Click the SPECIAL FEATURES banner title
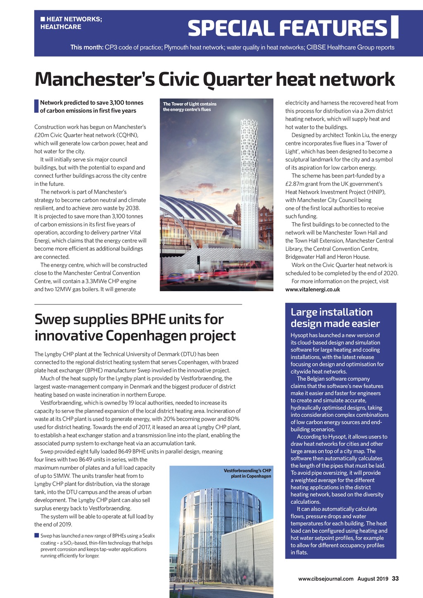click(x=287, y=28)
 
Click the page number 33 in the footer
click(x=395, y=579)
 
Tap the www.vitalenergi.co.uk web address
click(x=313, y=290)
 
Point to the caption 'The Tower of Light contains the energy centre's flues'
click(x=190, y=107)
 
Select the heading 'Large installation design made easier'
click(x=335, y=318)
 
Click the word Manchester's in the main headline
click(x=95, y=79)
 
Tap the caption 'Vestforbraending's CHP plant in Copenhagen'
click(x=247, y=473)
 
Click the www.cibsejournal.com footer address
click(x=326, y=579)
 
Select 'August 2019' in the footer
click(x=373, y=579)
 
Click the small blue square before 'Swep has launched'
click(x=36, y=536)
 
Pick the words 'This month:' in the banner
click(x=86, y=47)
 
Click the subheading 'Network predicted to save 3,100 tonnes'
click(x=92, y=103)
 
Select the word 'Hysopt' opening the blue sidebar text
click(x=299, y=335)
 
